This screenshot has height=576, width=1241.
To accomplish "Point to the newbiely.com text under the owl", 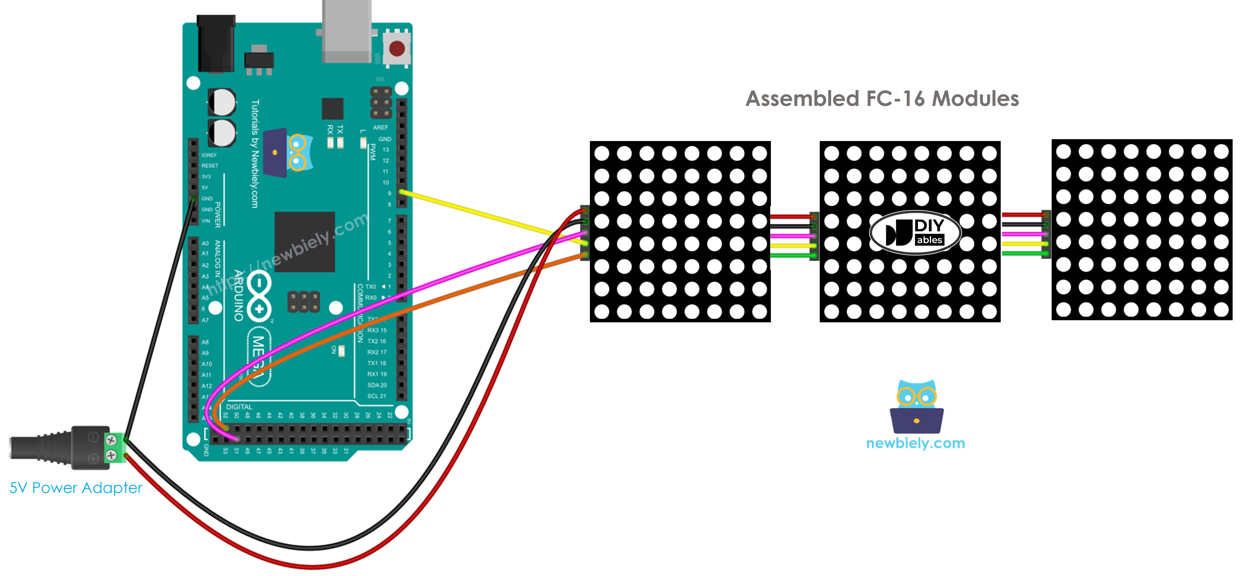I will click(915, 443).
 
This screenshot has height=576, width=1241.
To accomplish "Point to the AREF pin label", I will click(380, 128).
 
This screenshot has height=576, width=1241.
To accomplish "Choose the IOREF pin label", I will click(209, 155).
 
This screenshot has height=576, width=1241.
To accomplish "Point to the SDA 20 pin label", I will click(377, 385).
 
